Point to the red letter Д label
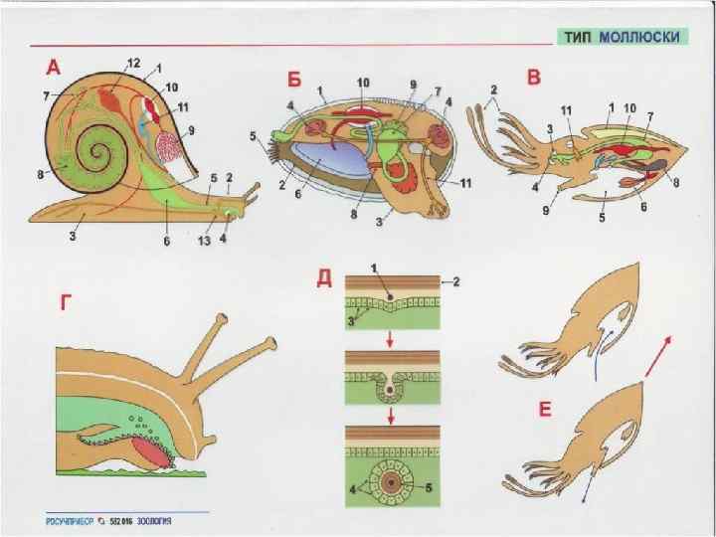pyautogui.click(x=323, y=277)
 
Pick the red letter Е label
pyautogui.click(x=544, y=412)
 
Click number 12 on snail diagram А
pyautogui.click(x=132, y=63)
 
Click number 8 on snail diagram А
pyautogui.click(x=40, y=175)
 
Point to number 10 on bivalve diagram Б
pyautogui.click(x=363, y=82)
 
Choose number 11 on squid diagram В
pyautogui.click(x=566, y=110)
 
